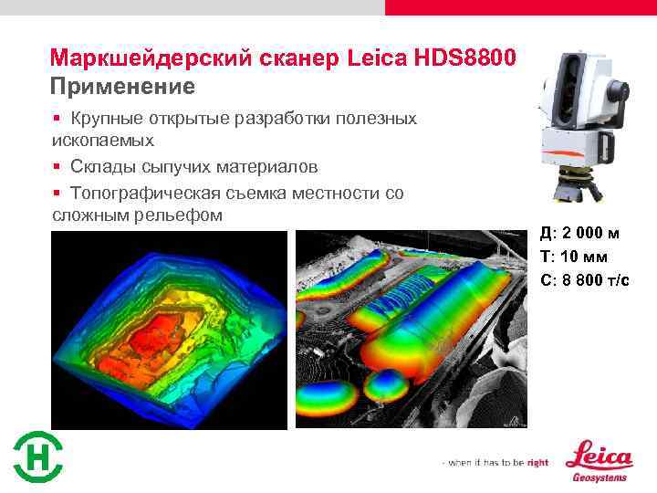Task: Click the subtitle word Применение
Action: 122,88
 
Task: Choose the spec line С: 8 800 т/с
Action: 585,279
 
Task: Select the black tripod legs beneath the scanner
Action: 580,186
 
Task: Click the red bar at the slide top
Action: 520,7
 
